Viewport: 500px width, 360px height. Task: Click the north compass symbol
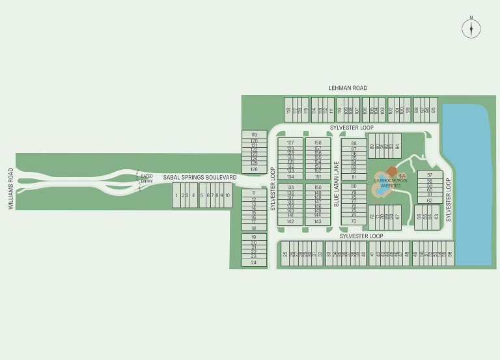click(471, 28)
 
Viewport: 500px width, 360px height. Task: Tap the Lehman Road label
click(348, 88)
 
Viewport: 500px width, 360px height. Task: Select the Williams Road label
click(11, 188)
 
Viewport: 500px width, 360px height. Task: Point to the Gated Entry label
click(146, 178)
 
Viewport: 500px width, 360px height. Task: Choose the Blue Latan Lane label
click(337, 184)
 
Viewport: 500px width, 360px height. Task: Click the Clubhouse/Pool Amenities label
click(391, 183)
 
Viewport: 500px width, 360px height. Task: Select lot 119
click(254, 134)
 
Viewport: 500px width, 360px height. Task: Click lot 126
click(254, 169)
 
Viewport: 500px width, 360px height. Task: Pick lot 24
click(254, 262)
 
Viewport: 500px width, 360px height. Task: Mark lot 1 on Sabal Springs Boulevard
click(176, 195)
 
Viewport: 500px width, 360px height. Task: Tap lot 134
click(290, 176)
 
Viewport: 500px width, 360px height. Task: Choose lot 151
click(318, 176)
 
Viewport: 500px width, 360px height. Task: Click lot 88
click(354, 143)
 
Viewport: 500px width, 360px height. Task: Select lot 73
click(354, 221)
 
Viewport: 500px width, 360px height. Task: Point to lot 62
click(430, 201)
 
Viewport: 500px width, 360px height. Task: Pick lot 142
click(290, 221)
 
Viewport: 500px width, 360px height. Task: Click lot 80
click(354, 186)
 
